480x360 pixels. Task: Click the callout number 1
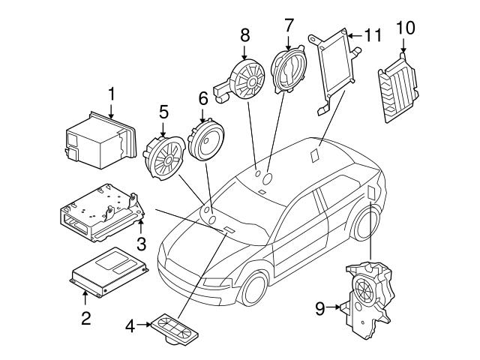[x=111, y=94]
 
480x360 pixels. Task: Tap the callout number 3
[x=140, y=243]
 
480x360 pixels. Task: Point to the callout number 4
[x=130, y=326]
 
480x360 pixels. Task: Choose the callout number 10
[x=405, y=28]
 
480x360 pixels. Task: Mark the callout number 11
[x=373, y=34]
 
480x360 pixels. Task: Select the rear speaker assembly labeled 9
[x=367, y=293]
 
